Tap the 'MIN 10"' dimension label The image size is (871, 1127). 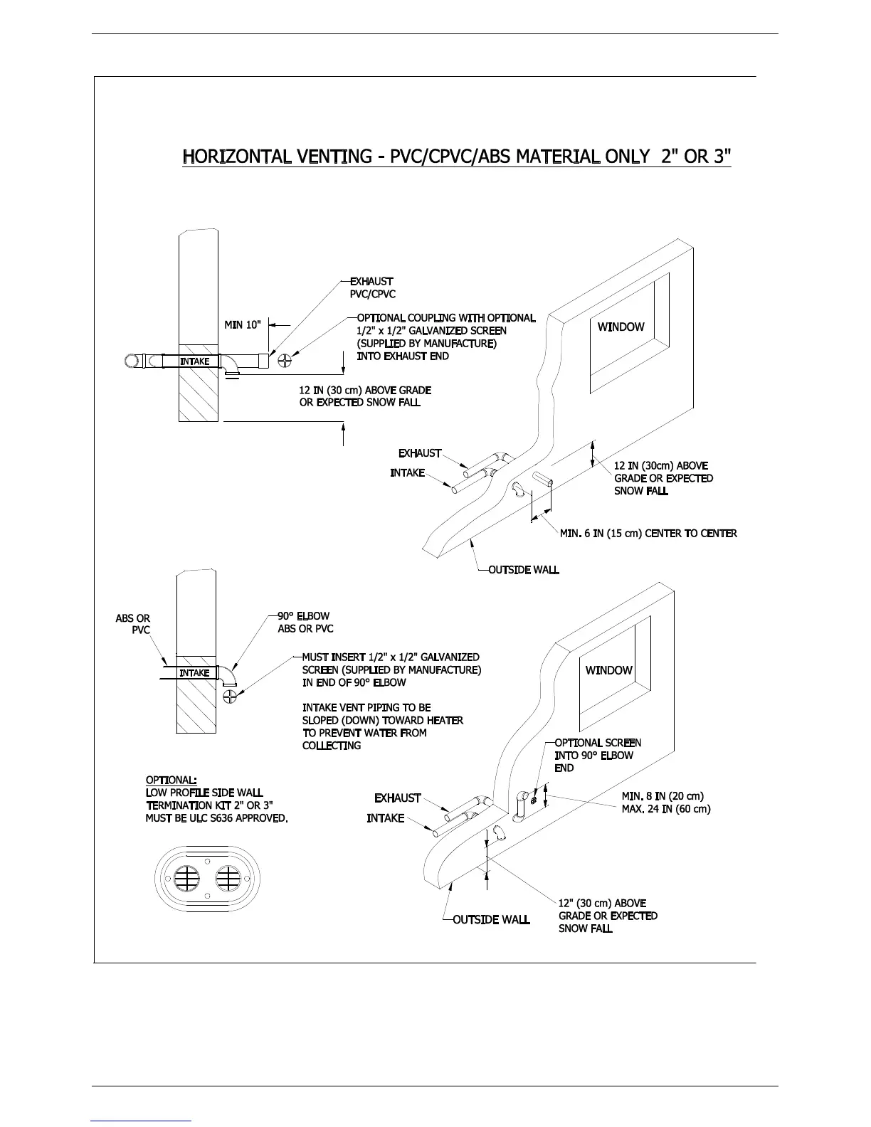(243, 325)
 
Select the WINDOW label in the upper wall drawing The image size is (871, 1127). (621, 327)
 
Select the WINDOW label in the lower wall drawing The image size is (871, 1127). (608, 670)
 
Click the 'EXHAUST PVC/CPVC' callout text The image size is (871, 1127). (372, 288)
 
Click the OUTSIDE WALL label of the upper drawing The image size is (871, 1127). (523, 570)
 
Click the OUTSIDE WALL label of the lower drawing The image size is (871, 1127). (491, 919)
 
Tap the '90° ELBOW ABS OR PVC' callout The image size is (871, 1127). (305, 623)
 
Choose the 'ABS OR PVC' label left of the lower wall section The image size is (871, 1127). (134, 624)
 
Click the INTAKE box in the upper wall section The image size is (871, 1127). (194, 361)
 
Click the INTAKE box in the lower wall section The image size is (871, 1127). (194, 673)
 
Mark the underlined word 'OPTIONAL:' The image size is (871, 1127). (171, 780)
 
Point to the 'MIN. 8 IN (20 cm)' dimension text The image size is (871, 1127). (662, 796)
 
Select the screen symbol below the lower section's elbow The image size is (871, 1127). (229, 697)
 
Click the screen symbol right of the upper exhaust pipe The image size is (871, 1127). (285, 359)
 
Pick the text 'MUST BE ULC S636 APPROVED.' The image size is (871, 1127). (216, 818)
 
